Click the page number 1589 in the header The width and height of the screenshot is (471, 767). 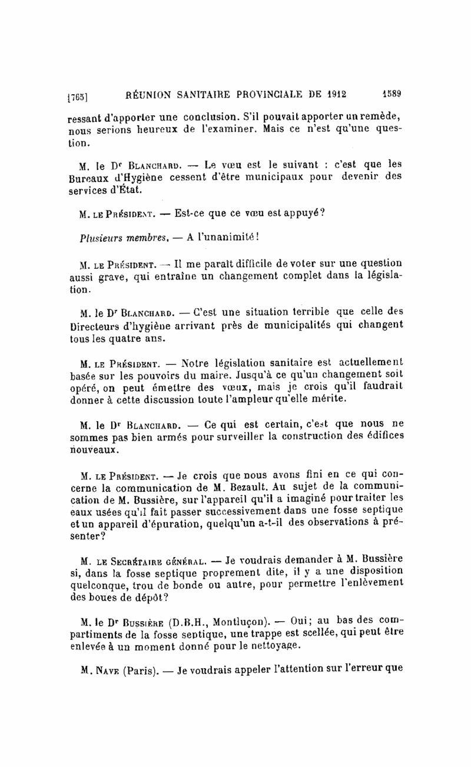click(x=391, y=92)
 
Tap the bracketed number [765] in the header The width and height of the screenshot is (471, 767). click(x=78, y=94)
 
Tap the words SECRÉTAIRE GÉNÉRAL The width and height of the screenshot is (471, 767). click(x=153, y=558)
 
